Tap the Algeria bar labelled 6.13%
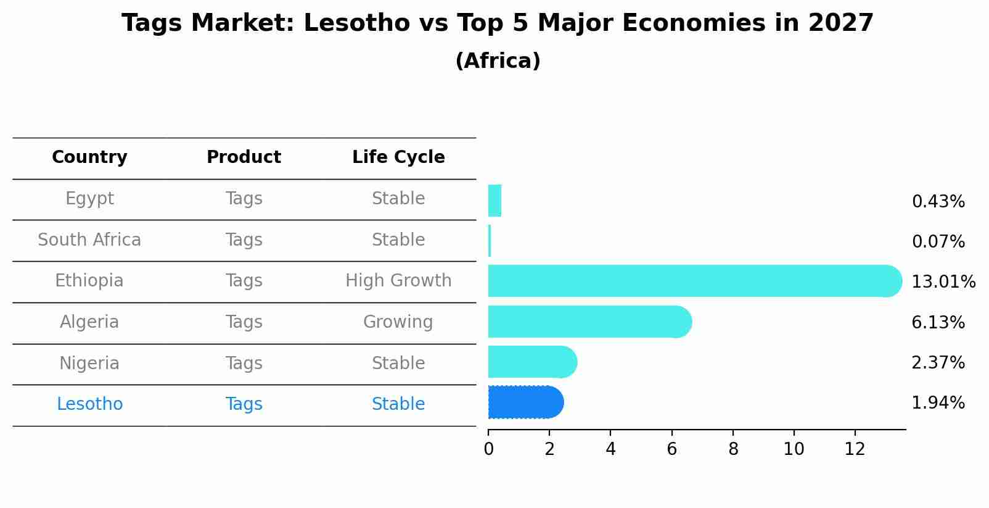589,322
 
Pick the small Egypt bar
495,201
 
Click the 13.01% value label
943,282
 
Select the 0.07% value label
938,242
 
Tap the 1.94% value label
938,403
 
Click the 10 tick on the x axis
794,449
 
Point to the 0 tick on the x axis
488,449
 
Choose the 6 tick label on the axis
671,449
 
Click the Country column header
89,157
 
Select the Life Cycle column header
398,157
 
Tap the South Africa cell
89,240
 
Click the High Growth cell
398,281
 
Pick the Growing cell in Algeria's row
398,322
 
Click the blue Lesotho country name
89,404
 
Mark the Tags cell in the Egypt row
244,199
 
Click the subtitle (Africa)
498,61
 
